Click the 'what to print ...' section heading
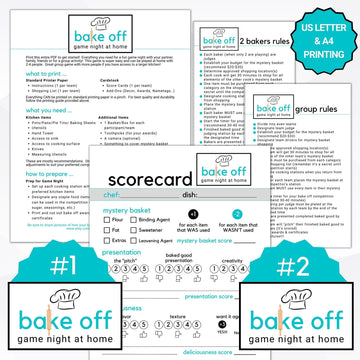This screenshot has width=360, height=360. click(45, 75)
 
